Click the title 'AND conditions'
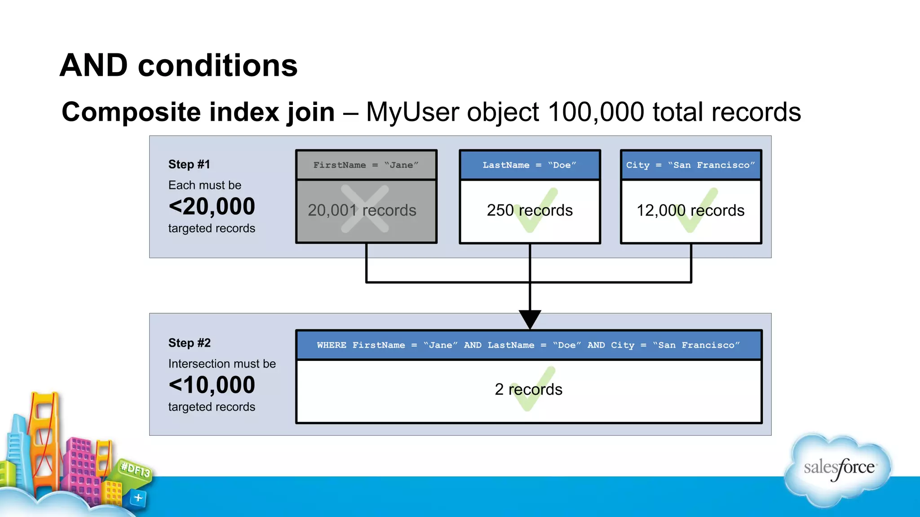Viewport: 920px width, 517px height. pyautogui.click(x=178, y=66)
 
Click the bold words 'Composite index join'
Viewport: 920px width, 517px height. pyautogui.click(x=198, y=112)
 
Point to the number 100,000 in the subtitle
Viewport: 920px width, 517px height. pyautogui.click(x=596, y=112)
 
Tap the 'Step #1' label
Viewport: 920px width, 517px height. pyautogui.click(x=189, y=164)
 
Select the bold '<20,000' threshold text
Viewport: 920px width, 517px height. pyautogui.click(x=212, y=206)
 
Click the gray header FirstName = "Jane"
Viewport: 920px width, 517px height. pyautogui.click(x=366, y=165)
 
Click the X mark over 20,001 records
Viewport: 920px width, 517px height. pyautogui.click(x=364, y=209)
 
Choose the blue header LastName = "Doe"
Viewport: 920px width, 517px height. pyautogui.click(x=529, y=165)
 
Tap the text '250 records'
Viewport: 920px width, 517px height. pyautogui.click(x=529, y=210)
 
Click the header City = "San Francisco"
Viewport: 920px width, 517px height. pyautogui.click(x=690, y=165)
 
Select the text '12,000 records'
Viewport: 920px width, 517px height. pyautogui.click(x=690, y=210)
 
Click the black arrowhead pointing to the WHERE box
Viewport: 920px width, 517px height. pyautogui.click(x=530, y=319)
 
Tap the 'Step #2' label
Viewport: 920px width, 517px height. pyautogui.click(x=189, y=343)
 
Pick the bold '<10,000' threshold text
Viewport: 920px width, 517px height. pyautogui.click(x=212, y=385)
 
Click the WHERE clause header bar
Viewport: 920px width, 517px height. pyautogui.click(x=528, y=345)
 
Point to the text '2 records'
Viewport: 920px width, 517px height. pyautogui.click(x=528, y=389)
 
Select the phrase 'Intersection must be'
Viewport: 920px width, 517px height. pyautogui.click(x=222, y=364)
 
